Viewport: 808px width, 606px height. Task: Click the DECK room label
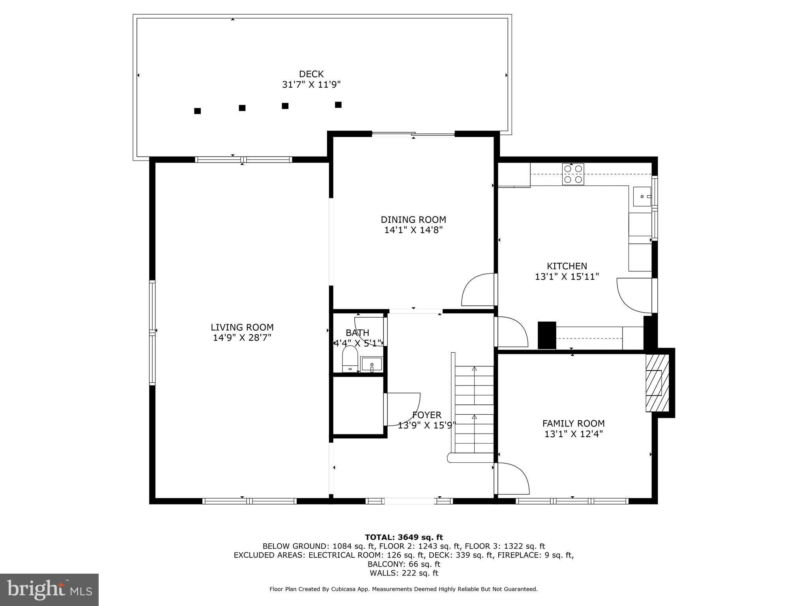[x=311, y=74]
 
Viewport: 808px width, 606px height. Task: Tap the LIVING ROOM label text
[x=242, y=327]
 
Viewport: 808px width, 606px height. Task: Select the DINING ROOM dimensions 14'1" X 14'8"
[x=413, y=230]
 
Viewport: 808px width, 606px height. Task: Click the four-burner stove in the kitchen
[x=573, y=174]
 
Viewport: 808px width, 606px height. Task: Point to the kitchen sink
[x=642, y=196]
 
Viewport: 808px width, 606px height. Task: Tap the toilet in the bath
[x=350, y=359]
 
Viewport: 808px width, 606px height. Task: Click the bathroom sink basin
[x=372, y=364]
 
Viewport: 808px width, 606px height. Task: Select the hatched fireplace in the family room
[x=657, y=383]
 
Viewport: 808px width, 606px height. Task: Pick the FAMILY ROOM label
[x=573, y=423]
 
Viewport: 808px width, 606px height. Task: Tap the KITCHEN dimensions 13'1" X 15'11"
[x=567, y=277]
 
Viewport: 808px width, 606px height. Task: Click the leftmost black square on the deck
[x=198, y=111]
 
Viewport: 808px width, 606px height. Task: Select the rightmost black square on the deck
[x=338, y=105]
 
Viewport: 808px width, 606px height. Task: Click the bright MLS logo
[x=49, y=589]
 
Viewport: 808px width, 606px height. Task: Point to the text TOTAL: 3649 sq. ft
[x=404, y=537]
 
